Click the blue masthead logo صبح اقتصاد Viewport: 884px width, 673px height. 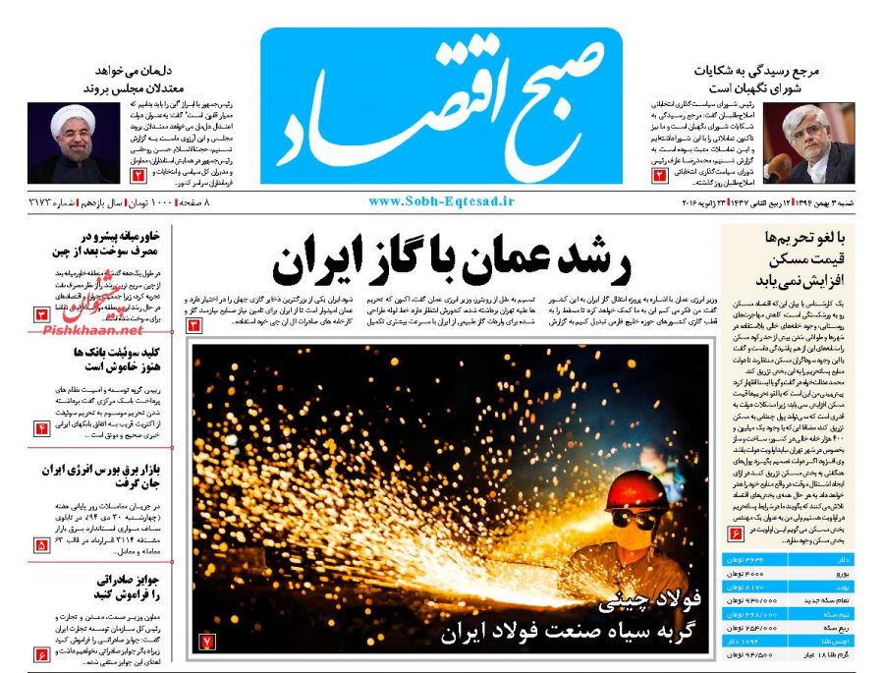point(441,105)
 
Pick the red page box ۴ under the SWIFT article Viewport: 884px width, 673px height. point(43,428)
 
